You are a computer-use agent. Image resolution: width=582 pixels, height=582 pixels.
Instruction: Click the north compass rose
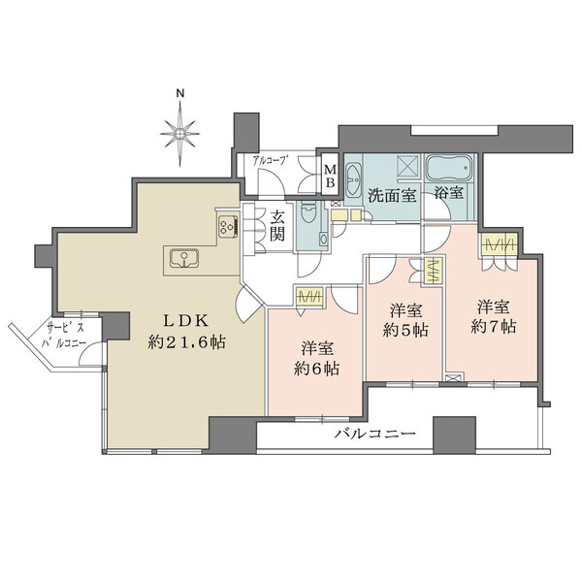[x=179, y=129]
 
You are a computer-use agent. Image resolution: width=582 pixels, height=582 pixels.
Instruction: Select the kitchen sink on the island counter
[x=184, y=258]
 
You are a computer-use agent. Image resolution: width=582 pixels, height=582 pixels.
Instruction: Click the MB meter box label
[x=329, y=176]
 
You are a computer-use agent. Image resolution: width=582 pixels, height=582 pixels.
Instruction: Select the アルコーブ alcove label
[x=268, y=160]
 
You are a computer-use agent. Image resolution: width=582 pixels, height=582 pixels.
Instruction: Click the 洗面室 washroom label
[x=392, y=193]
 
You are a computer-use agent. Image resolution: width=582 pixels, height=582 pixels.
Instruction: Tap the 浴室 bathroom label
[x=448, y=193]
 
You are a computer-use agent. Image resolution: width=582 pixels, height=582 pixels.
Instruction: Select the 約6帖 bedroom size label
[x=318, y=368]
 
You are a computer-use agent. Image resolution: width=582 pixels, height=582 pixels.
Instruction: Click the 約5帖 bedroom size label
[x=405, y=329]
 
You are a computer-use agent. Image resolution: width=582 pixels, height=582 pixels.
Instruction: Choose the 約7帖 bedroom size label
[x=492, y=328]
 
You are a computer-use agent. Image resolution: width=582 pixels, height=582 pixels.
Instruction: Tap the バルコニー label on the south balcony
[x=358, y=434]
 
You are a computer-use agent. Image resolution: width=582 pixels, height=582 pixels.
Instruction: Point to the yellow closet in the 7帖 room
[x=501, y=243]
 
